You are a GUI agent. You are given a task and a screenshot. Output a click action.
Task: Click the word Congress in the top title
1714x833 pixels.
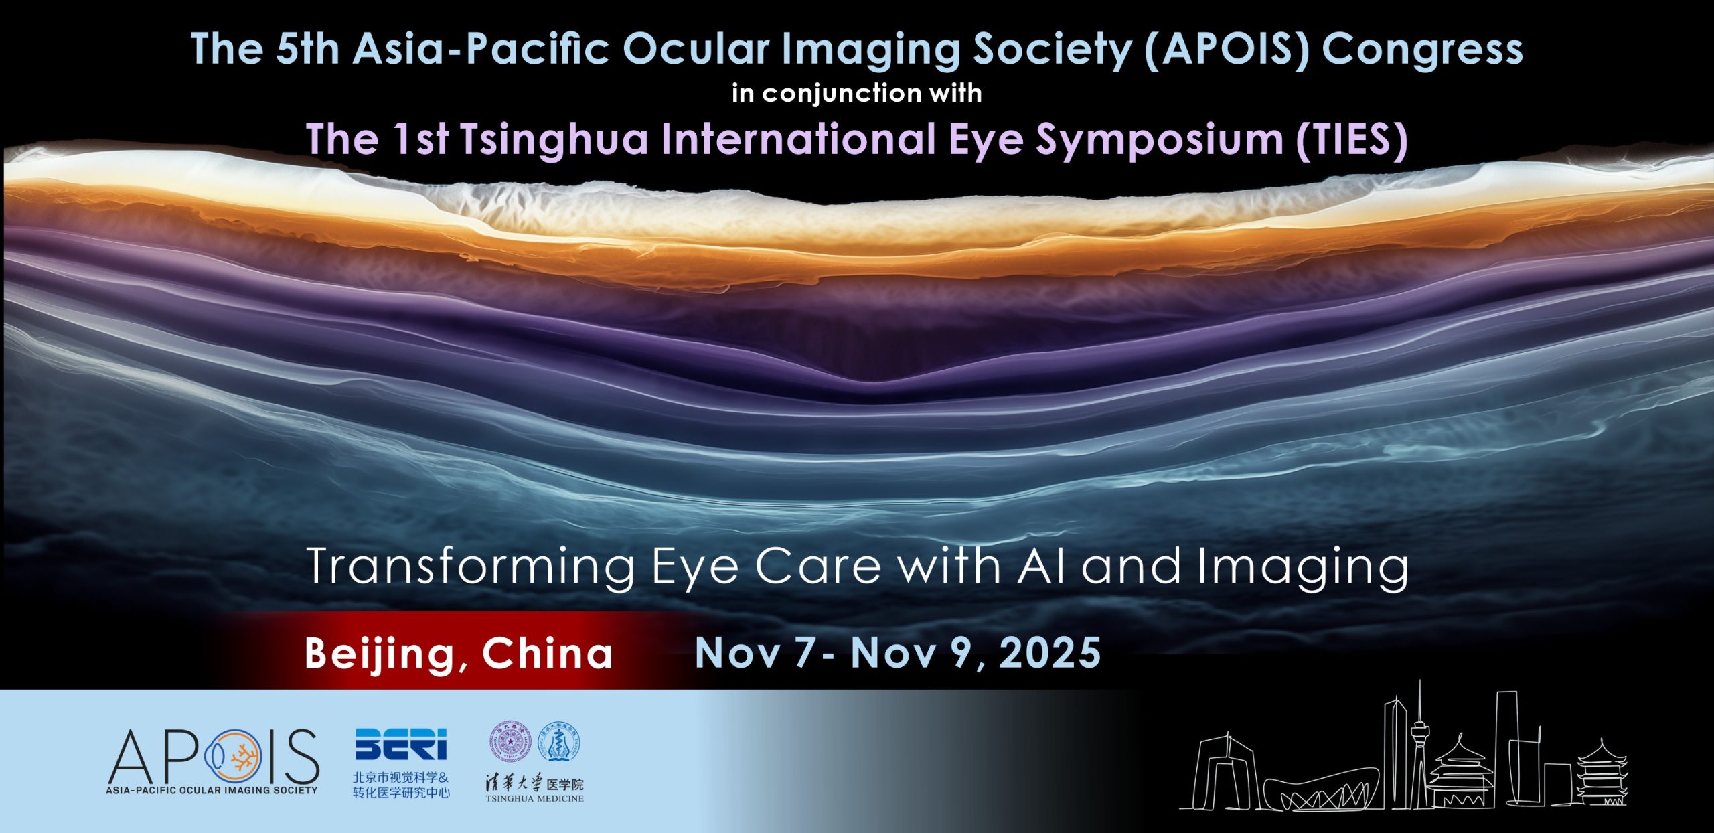(1422, 49)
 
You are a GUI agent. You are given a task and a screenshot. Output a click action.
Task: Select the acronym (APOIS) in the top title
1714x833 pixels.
(1227, 49)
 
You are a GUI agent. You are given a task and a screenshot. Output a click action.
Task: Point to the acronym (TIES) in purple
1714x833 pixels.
(1351, 139)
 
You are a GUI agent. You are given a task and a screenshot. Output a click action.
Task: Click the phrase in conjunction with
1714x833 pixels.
(857, 93)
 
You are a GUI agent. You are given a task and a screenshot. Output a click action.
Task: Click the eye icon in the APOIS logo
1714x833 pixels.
(234, 758)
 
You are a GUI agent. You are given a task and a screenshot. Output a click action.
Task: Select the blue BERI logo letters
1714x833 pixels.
(400, 744)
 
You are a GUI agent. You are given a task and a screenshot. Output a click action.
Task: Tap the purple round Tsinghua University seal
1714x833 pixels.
(511, 742)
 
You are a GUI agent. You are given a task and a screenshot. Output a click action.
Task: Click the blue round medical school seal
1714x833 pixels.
(560, 742)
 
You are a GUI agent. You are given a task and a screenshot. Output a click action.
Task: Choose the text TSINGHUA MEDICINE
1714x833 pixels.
(535, 798)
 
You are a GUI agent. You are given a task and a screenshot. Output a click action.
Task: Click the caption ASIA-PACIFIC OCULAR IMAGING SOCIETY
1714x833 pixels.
(212, 790)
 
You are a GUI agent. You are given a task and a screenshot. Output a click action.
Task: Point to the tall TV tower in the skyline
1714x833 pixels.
(1419, 743)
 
